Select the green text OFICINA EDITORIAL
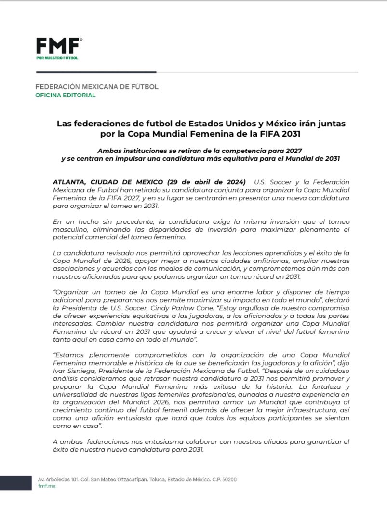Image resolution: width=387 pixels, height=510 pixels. tap(66, 95)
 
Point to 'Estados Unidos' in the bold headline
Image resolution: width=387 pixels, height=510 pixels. tap(207, 124)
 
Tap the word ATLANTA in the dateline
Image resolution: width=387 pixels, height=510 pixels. tap(70, 182)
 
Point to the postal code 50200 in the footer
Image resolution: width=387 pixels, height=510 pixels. tap(227, 479)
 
